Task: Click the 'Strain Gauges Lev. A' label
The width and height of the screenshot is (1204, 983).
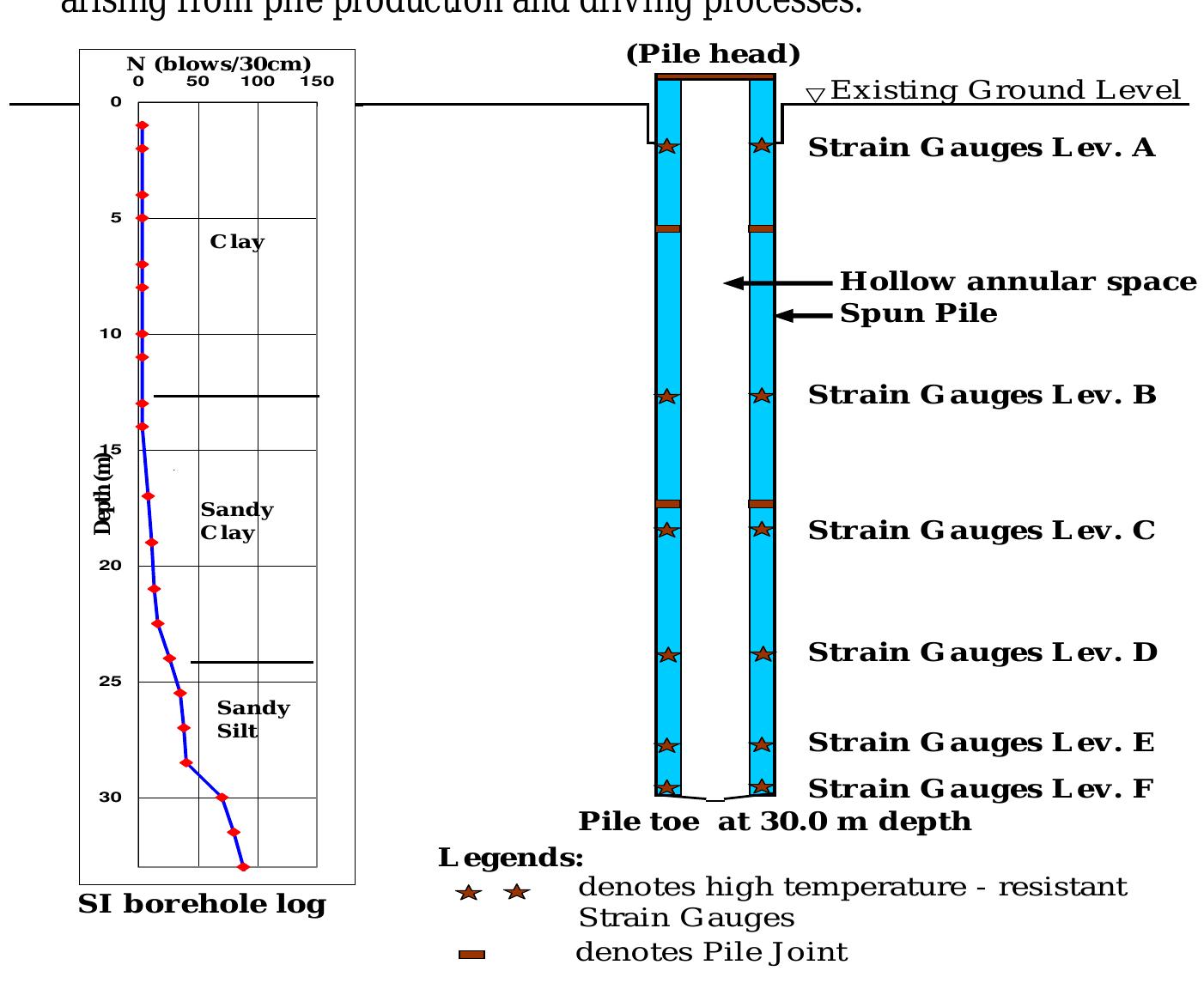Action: coord(982,149)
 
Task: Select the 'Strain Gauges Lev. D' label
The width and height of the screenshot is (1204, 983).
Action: coord(982,653)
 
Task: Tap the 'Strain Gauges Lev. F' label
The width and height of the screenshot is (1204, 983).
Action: coord(981,789)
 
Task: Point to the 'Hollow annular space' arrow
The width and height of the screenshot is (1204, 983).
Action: coord(777,282)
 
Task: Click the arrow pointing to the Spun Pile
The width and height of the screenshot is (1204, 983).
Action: coord(804,316)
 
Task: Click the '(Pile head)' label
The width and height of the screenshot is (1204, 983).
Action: coord(713,55)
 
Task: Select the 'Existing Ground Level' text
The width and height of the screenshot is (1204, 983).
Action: coord(1006,91)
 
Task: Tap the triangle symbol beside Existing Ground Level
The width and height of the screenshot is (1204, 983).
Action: coord(815,95)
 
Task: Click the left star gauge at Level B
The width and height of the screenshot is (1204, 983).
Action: coord(667,397)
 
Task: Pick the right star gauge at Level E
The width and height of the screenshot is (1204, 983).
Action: coord(762,744)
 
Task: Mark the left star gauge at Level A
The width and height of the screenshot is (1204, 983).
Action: coord(667,146)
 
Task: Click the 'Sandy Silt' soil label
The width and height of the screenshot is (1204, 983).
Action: coord(252,719)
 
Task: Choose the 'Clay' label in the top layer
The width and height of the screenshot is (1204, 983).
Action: coord(237,242)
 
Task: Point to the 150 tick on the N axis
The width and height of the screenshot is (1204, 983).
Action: coord(317,82)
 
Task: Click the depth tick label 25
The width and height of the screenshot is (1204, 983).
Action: coord(110,682)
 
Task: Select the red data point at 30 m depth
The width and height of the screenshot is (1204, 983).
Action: coord(222,798)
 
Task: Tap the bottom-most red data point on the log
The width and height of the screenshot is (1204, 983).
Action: coord(243,867)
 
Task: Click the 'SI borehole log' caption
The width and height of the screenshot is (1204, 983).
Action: coord(202,905)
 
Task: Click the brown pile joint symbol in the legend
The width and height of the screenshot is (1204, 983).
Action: coord(471,955)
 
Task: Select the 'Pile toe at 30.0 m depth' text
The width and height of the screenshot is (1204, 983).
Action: coord(775,822)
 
